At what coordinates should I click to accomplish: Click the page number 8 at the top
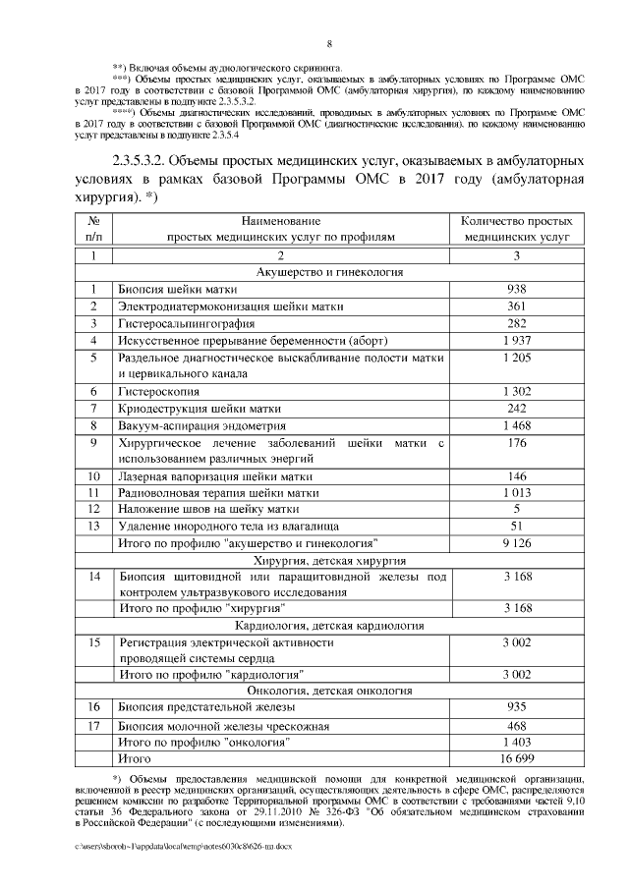[329, 43]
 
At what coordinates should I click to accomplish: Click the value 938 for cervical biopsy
[516, 289]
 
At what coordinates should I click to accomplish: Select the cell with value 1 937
[516, 340]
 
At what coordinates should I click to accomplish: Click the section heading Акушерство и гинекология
[329, 271]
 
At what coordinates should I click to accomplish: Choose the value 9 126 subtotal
[516, 542]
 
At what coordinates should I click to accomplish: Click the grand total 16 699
[516, 758]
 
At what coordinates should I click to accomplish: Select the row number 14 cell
[94, 576]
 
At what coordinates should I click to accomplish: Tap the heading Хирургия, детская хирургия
[329, 559]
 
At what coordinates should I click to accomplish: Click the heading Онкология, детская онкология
[329, 690]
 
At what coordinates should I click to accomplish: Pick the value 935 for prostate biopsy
[516, 706]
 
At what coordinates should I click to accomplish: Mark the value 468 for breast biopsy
[516, 725]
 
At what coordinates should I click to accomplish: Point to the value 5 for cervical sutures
[516, 509]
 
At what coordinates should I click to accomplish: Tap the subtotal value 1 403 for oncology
[516, 742]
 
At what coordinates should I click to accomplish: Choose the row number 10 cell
[94, 475]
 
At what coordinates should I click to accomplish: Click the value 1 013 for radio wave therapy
[516, 492]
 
